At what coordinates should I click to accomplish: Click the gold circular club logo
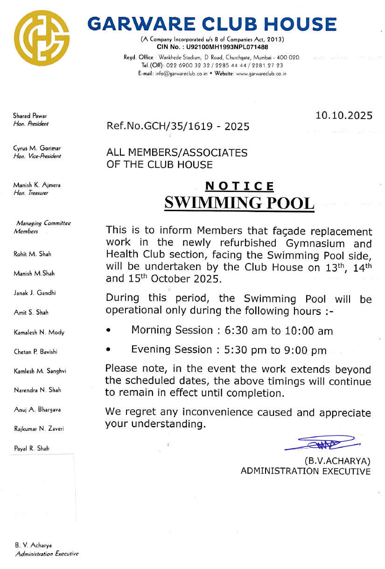[42, 38]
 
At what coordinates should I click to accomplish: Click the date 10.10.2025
[344, 115]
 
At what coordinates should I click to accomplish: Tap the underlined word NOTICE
[240, 186]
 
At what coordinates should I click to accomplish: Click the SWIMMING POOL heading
[239, 203]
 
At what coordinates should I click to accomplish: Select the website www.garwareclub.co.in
[261, 73]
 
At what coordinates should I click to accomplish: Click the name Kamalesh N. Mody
[39, 332]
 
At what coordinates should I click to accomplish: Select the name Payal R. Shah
[31, 448]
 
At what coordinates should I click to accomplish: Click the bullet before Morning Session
[108, 331]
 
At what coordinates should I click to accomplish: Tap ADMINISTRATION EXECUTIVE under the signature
[306, 471]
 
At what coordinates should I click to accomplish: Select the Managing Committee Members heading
[41, 228]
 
